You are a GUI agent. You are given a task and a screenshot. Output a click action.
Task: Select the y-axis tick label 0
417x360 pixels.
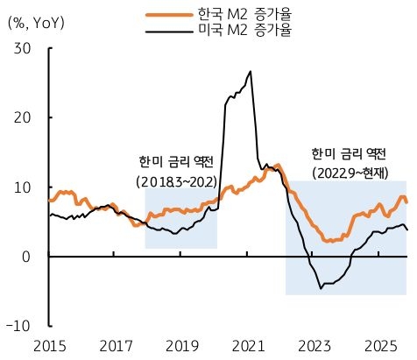click(x=27, y=257)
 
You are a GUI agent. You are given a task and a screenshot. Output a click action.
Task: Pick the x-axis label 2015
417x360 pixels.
click(x=49, y=346)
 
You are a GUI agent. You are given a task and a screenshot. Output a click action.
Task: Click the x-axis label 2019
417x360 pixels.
click(x=181, y=346)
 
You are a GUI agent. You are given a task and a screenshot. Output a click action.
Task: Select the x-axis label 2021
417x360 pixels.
click(x=247, y=346)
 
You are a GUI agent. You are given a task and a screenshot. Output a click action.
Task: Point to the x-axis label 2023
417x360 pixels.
click(x=313, y=346)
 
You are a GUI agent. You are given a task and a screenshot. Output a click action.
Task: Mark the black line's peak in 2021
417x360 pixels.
click(x=251, y=72)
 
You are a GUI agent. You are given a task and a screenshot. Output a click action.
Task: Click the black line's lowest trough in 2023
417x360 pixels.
click(x=322, y=287)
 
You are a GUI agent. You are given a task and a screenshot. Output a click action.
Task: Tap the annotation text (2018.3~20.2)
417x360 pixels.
click(x=177, y=181)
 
